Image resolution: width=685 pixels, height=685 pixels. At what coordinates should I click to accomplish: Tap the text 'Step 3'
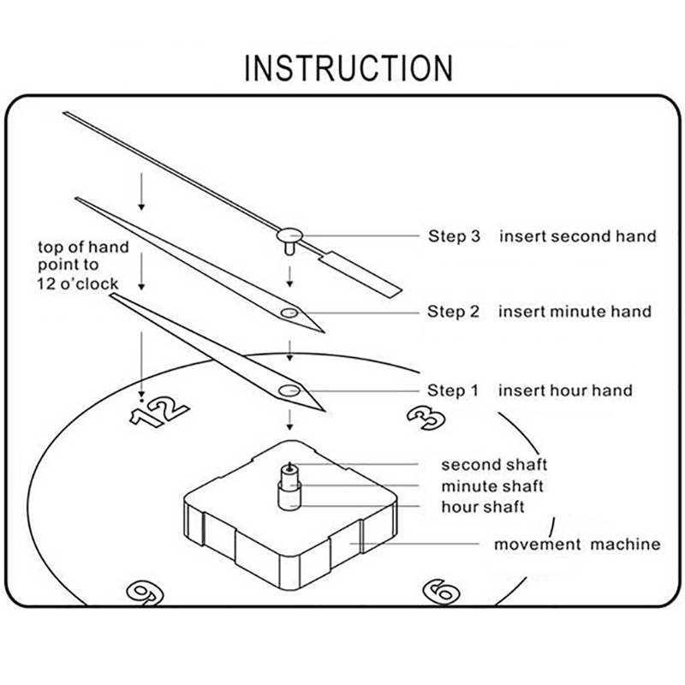[x=452, y=236]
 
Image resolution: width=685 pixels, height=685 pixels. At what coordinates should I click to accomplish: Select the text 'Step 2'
[x=452, y=312]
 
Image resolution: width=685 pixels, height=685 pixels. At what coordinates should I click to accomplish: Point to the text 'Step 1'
[x=452, y=391]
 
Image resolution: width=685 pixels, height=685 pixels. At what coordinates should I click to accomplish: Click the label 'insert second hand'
[x=578, y=236]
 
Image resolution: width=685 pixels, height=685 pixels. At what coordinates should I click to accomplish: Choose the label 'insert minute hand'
[x=575, y=312]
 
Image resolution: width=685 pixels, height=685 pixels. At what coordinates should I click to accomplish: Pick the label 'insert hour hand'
[x=566, y=391]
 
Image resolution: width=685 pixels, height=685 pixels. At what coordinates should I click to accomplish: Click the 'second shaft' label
[x=494, y=466]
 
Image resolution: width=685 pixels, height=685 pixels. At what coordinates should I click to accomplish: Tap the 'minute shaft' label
[x=492, y=486]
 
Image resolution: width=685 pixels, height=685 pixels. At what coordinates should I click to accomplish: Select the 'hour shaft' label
[x=483, y=507]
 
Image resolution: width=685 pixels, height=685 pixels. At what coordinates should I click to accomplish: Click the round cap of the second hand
[x=289, y=233]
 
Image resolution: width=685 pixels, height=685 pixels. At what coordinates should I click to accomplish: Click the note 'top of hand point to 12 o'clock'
[x=83, y=265]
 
